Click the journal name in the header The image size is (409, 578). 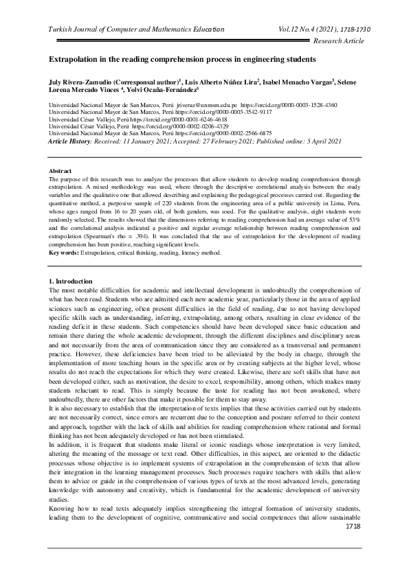click(x=136, y=30)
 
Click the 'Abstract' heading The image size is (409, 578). click(x=60, y=169)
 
